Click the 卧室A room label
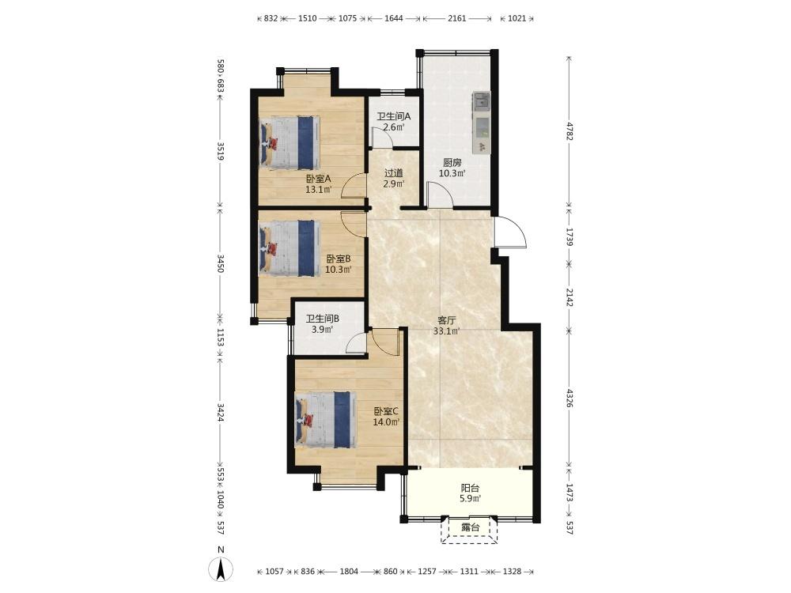click(318, 179)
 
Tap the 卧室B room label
click(338, 259)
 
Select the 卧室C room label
click(387, 411)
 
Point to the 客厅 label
click(447, 320)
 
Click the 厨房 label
click(452, 163)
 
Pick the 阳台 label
click(470, 488)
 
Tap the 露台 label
click(470, 527)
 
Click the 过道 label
click(393, 173)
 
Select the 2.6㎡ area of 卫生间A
click(393, 127)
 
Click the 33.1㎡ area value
click(446, 331)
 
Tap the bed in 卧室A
click(290, 142)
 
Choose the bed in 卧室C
click(325, 420)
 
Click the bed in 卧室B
click(290, 247)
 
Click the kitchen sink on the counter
click(482, 101)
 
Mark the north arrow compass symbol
click(221, 570)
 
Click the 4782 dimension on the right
click(569, 131)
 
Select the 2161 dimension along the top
click(456, 19)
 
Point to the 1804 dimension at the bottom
click(349, 572)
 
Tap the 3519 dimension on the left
click(221, 151)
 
